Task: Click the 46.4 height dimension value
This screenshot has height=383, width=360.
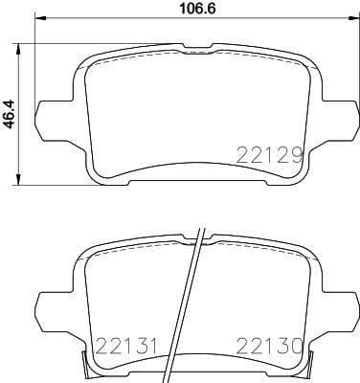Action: click(x=11, y=114)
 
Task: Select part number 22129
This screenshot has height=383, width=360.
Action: click(x=270, y=154)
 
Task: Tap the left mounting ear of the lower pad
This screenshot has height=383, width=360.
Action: click(x=49, y=307)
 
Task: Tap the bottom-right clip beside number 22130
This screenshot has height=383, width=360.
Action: click(x=308, y=362)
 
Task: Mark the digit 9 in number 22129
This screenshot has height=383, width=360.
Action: click(x=297, y=154)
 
